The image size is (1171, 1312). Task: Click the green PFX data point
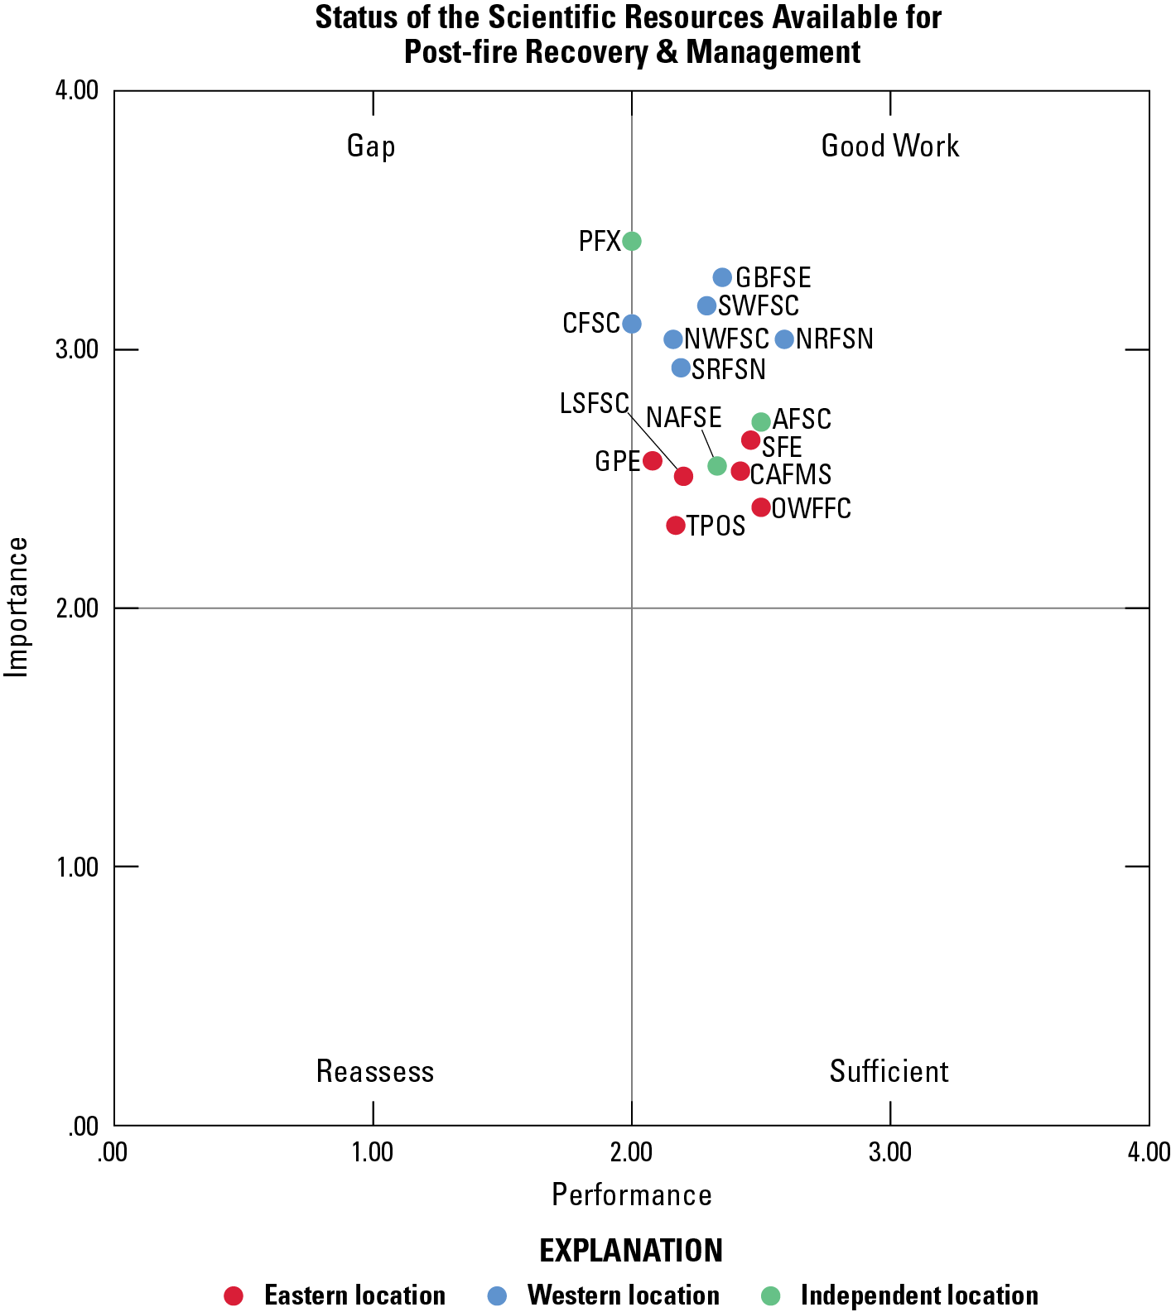[x=632, y=241]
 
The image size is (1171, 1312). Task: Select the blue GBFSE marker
[x=722, y=277]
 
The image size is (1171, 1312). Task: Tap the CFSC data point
[x=632, y=324]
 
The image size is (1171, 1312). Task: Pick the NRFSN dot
[x=784, y=339]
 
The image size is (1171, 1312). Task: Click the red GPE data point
[x=653, y=461]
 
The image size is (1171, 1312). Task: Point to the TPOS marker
[x=676, y=526]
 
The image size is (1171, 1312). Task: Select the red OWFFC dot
[x=761, y=507]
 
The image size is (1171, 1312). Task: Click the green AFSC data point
[x=761, y=422]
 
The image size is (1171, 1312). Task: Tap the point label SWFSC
[x=758, y=306]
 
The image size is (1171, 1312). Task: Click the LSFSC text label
[x=594, y=404]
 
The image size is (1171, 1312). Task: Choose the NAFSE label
[x=683, y=418]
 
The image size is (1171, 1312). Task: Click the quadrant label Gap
[x=371, y=147]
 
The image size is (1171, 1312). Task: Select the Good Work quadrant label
[x=889, y=147]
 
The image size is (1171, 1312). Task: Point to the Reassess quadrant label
[x=375, y=1072]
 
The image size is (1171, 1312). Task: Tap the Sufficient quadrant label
[x=889, y=1072]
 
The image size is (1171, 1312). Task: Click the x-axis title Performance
[x=632, y=1195]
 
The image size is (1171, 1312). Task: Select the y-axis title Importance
[x=17, y=607]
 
